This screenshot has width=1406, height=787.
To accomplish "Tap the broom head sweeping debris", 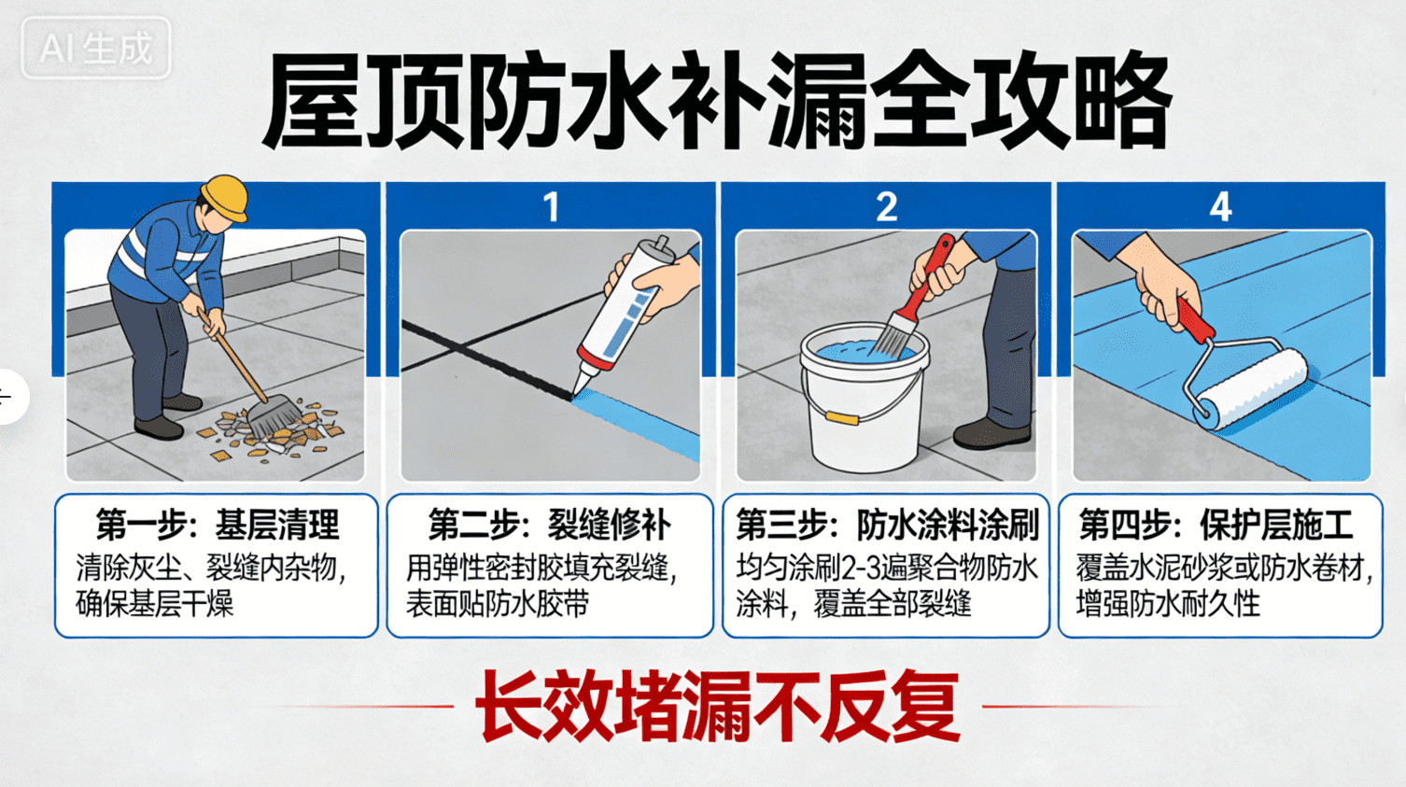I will [275, 416].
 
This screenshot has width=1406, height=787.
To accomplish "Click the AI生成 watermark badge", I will [95, 48].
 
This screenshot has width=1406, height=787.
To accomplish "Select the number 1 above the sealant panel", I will [551, 206].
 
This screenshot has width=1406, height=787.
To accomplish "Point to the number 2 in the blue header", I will [886, 206].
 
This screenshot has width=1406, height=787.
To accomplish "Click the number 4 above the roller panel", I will [1220, 206].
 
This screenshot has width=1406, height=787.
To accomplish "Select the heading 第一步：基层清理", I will [217, 526].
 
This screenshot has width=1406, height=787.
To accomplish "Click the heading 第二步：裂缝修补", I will [549, 526].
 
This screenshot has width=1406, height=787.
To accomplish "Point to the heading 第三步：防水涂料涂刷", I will [886, 526].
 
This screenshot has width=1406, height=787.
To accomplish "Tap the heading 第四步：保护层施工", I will [1216, 526].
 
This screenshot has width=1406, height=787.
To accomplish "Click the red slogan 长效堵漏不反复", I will [717, 706].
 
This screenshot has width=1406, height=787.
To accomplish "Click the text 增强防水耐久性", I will [1168, 604].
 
